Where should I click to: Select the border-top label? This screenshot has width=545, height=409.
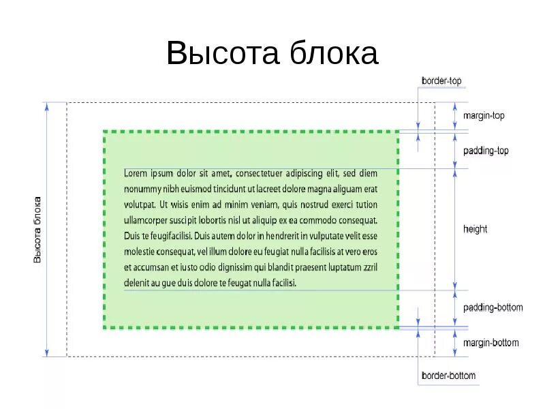pyautogui.click(x=441, y=80)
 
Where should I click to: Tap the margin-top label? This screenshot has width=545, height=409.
pyautogui.click(x=484, y=116)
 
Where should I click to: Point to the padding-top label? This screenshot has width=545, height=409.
pyautogui.click(x=486, y=151)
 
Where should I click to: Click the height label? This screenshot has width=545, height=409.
pyautogui.click(x=475, y=229)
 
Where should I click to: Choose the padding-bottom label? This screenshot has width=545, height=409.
pyautogui.click(x=493, y=307)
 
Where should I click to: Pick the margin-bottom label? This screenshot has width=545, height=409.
pyautogui.click(x=490, y=343)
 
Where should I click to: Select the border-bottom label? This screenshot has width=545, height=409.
pyautogui.click(x=448, y=376)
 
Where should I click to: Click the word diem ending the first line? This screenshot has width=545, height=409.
pyautogui.click(x=368, y=173)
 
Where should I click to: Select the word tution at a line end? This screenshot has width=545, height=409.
pyautogui.click(x=367, y=204)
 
